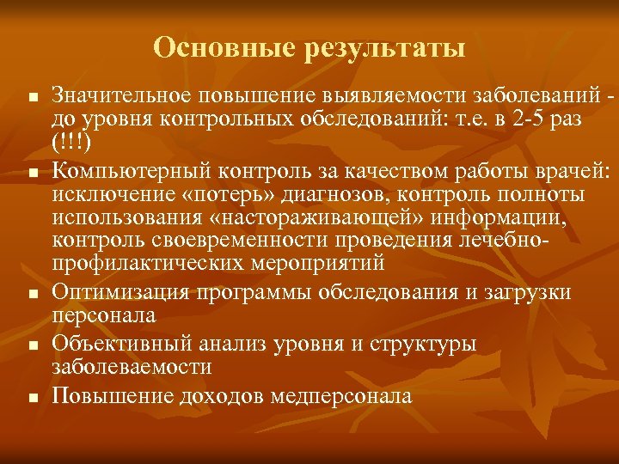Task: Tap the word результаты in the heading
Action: [x=384, y=48]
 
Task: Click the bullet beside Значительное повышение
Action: [x=32, y=96]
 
